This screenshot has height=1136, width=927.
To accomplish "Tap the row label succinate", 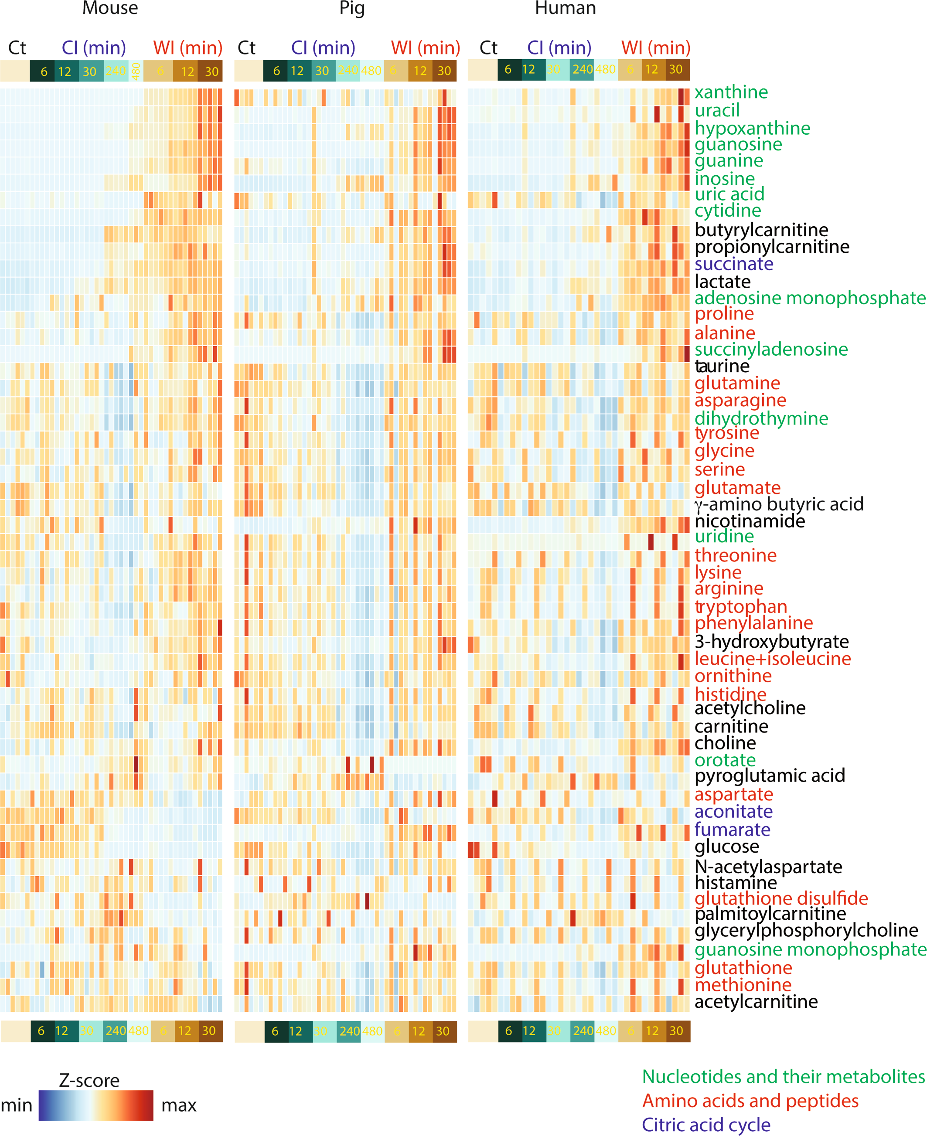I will (734, 264).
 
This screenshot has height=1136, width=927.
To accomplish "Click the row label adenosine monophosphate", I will (810, 298).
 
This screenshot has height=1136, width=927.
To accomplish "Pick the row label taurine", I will (722, 366).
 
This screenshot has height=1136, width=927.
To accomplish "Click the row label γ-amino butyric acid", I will (779, 504).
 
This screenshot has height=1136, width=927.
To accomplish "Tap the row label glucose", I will (726, 847).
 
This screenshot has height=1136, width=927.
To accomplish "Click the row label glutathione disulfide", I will (780, 898).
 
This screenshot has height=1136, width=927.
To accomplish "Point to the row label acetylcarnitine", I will (756, 1001).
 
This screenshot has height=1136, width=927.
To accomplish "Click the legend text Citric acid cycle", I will (705, 1124).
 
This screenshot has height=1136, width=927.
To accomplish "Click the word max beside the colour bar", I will (179, 1105).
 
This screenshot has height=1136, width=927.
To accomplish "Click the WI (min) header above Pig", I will (425, 48).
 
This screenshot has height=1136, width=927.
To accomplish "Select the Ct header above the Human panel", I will (488, 48).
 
